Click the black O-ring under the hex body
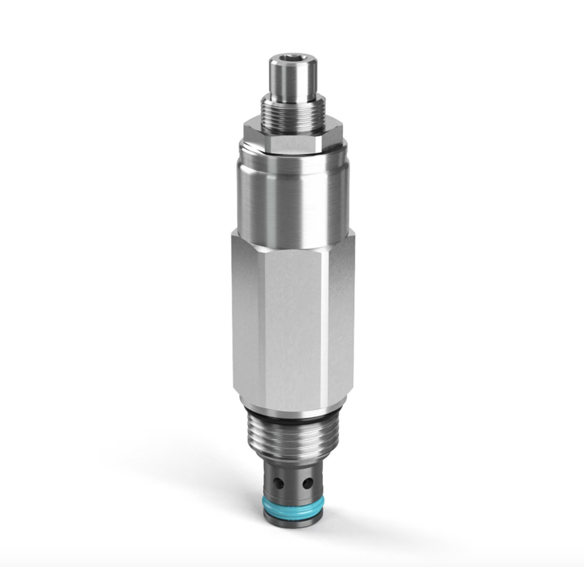(292, 420)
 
